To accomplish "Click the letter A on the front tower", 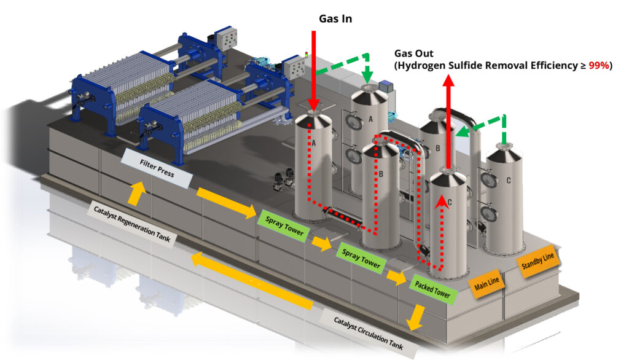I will pyautogui.click(x=314, y=143).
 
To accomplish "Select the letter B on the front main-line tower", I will pyautogui.click(x=381, y=174).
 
